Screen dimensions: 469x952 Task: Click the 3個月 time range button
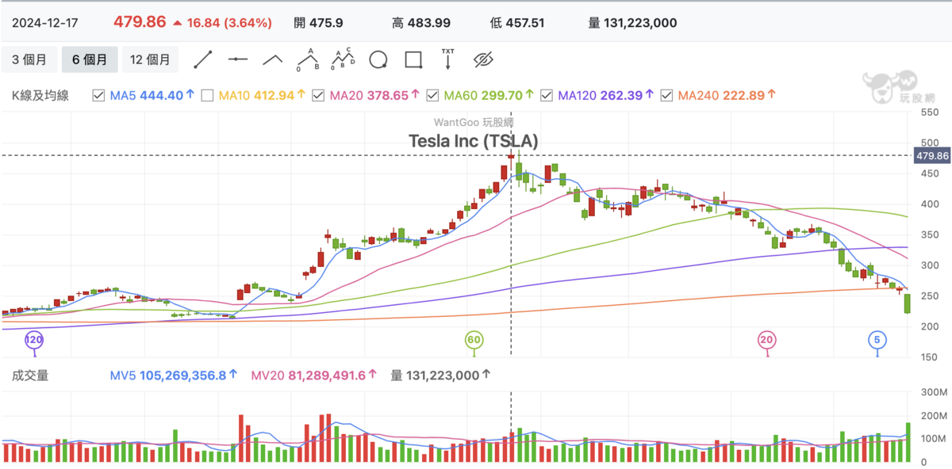[x=29, y=59]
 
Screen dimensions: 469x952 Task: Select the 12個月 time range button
[x=150, y=59]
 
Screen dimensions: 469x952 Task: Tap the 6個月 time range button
[x=90, y=59]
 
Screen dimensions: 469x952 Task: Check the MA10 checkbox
[x=207, y=96]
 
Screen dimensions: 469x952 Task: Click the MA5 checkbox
[x=98, y=96]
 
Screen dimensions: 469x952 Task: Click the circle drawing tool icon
[x=378, y=59]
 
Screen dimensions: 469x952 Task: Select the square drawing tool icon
[x=413, y=59]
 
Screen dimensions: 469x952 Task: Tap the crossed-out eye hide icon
[x=483, y=59]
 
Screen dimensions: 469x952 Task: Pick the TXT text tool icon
[x=447, y=59]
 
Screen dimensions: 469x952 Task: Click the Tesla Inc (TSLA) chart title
[x=474, y=141]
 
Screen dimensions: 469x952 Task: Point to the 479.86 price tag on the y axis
[x=932, y=156]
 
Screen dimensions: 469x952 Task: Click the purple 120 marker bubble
[x=34, y=340]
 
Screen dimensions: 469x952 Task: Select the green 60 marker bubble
[x=474, y=340]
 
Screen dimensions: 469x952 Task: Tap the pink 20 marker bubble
[x=767, y=340]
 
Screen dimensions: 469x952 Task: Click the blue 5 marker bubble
[x=877, y=340]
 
